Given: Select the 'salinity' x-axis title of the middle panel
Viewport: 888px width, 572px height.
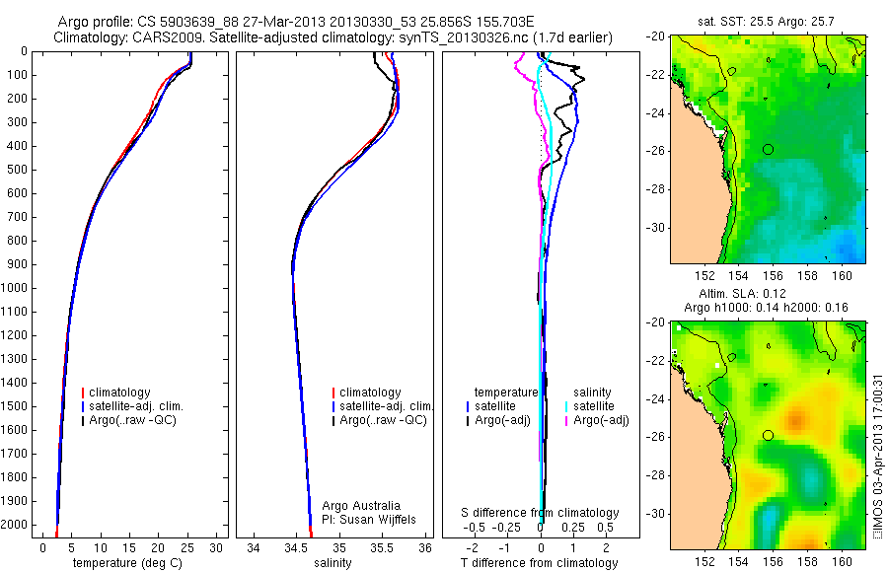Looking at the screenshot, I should pyautogui.click(x=331, y=563).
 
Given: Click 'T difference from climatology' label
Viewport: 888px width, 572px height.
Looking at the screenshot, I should pyautogui.click(x=540, y=563).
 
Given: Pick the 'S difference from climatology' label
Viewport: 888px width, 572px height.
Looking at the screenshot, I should pyautogui.click(x=541, y=513).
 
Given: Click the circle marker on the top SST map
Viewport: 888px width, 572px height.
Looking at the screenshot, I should pyautogui.click(x=769, y=149).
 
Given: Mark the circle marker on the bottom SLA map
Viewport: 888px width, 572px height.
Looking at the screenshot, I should pyautogui.click(x=769, y=435).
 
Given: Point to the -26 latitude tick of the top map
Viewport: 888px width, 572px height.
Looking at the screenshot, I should pyautogui.click(x=655, y=150).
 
